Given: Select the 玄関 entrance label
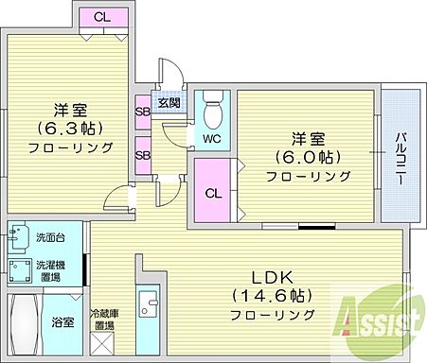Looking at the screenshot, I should tap(169, 104).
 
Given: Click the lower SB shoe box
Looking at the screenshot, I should tap(142, 153).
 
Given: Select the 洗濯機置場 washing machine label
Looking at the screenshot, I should tap(50, 270).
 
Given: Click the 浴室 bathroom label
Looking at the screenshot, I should tap(62, 322).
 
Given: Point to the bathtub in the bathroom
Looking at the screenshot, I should tap(24, 323).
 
